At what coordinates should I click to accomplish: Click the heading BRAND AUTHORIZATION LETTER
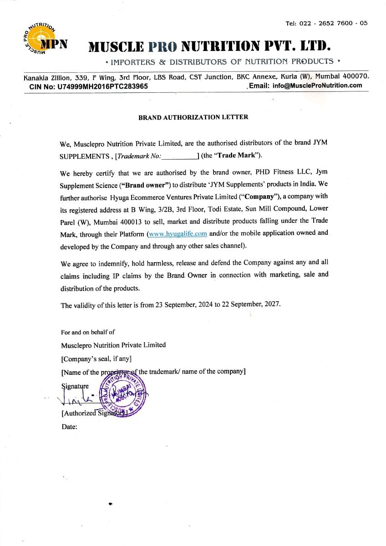[x=193, y=117]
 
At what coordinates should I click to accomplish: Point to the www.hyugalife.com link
[x=178, y=234]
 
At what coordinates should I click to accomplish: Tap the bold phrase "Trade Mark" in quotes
[x=237, y=155]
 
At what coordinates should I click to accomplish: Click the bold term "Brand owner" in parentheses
[x=145, y=185]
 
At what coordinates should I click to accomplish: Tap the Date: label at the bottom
[x=69, y=427]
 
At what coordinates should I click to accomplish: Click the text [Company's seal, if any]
[x=96, y=358]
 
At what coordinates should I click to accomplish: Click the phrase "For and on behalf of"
[x=88, y=332]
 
